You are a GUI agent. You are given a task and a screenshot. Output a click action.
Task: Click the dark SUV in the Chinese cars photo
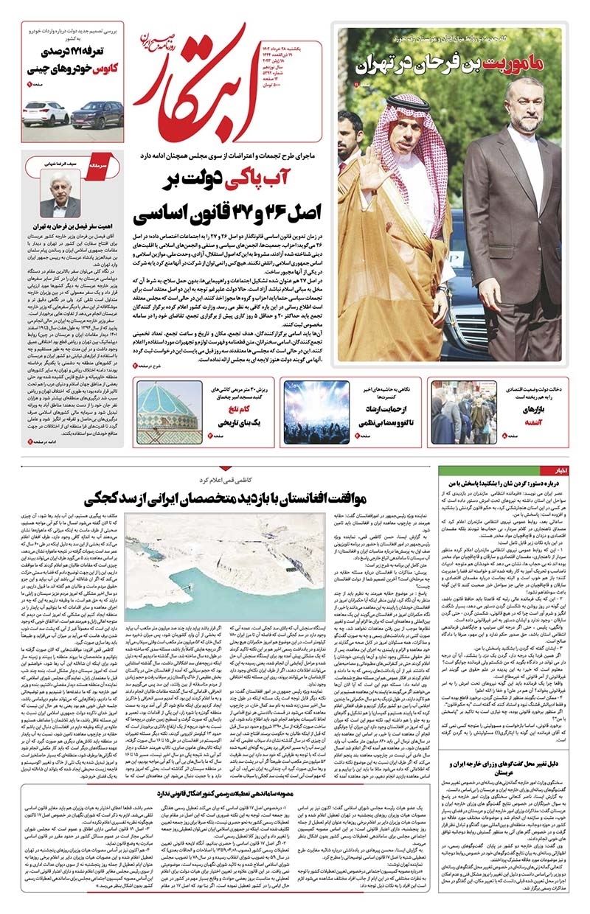pos(97,114)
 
